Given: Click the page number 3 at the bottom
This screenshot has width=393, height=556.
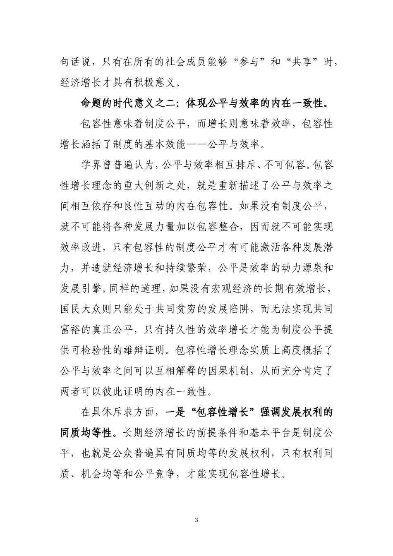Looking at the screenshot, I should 196,520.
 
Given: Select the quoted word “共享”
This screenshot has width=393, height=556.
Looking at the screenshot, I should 304,62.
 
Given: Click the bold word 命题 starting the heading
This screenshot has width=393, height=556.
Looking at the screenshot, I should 92,103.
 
